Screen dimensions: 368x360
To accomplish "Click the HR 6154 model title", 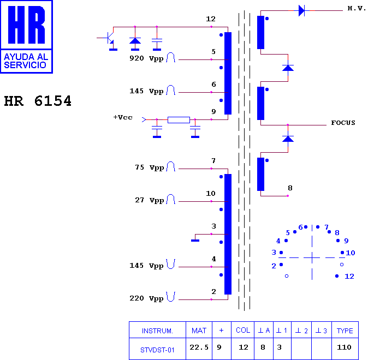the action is tap(38, 101).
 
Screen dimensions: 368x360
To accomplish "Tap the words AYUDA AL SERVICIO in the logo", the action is tap(26, 61).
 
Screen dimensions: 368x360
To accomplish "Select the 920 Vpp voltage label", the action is tap(146, 58).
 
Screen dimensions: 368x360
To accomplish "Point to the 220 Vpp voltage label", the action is tap(146, 298).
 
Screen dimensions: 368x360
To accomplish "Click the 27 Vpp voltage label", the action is tap(149, 200).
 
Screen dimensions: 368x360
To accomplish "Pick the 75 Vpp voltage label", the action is tap(149, 167).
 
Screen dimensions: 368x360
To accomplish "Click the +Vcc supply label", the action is tap(123, 117).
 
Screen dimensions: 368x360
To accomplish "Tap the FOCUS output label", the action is tap(343, 123).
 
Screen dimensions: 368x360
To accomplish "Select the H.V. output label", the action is tap(357, 8).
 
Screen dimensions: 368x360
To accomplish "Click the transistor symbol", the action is tap(108, 38).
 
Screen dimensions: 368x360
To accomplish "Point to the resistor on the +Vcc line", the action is tap(179, 120).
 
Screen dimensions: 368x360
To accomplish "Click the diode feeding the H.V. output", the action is tap(301, 10).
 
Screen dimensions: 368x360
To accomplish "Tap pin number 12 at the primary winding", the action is tap(211, 19).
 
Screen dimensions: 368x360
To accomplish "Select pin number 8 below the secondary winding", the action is tap(290, 188).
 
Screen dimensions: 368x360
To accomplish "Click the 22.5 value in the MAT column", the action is tap(199, 347).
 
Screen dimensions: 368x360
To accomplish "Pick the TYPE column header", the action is tap(345, 331).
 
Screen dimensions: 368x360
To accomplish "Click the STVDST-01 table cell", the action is tap(157, 350).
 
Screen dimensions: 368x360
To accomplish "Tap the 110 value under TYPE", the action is tap(344, 347).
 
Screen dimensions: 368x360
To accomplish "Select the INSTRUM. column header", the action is tap(157, 331).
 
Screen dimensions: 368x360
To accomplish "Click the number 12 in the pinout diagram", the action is tap(349, 277).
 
